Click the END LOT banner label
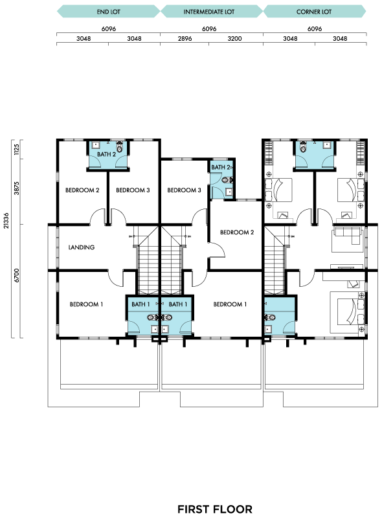point(108,12)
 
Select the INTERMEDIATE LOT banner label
point(209,12)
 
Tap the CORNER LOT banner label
point(314,12)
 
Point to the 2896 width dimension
point(185,39)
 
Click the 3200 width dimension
point(234,39)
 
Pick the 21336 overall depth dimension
point(6,220)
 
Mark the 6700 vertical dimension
point(17,276)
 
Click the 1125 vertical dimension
point(17,149)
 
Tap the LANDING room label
point(82,247)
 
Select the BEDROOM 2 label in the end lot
point(82,190)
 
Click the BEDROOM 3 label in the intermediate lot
point(184,190)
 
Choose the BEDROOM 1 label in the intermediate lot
point(230,304)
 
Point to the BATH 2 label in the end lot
point(106,154)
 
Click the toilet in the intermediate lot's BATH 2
point(228,180)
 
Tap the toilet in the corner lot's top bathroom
point(303,146)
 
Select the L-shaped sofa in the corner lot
point(348,234)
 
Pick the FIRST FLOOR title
point(215,509)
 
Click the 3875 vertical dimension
point(17,188)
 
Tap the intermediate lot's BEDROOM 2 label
point(237,232)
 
